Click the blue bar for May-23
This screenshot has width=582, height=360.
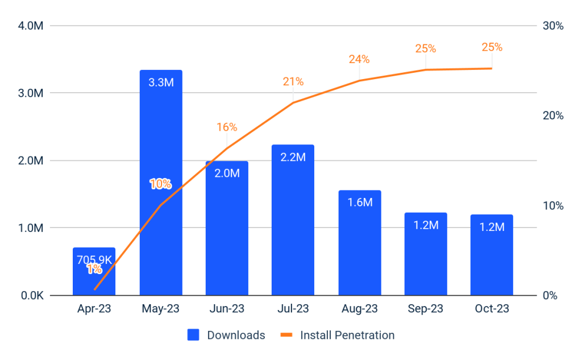pos(161,239)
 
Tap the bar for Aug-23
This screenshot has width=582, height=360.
pos(360,250)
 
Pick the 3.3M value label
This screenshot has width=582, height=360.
pos(161,82)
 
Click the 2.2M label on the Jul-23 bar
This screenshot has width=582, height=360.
pos(293,157)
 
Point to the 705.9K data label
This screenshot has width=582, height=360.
pos(94,260)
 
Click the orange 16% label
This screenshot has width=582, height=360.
pos(227,127)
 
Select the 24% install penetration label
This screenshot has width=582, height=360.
pos(359,59)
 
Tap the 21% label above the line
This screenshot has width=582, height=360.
pos(293,81)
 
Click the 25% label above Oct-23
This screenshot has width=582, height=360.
pos(492,47)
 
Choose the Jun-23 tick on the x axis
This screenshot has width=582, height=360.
pos(227,309)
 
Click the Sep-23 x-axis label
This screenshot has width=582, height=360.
pos(426,309)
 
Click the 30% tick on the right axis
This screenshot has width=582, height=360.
pos(553,26)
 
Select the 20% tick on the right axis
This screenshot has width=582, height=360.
pos(553,115)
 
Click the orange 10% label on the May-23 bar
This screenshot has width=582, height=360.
pos(161,184)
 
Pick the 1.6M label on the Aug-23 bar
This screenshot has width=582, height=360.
pos(360,202)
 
